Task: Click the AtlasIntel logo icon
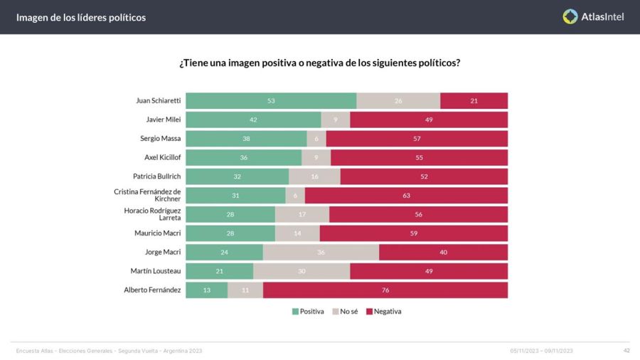(570, 16)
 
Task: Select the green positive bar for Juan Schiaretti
(271, 101)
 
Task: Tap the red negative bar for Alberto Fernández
(385, 290)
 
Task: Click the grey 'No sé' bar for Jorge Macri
(321, 252)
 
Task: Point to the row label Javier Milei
(161, 120)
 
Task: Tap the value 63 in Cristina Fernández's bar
(405, 196)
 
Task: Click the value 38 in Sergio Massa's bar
(246, 139)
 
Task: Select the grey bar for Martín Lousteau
(302, 271)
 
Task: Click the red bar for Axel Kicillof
(419, 157)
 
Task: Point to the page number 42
(626, 350)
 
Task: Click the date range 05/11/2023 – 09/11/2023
(541, 351)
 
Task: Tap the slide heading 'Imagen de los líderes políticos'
(81, 17)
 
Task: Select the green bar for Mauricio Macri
(230, 233)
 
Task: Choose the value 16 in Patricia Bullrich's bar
(314, 176)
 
